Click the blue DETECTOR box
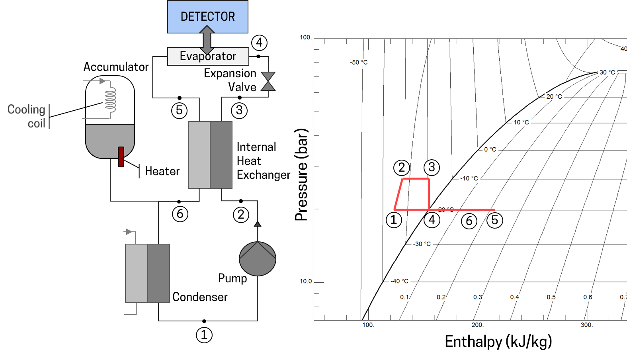click(x=207, y=17)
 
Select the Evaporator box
click(x=208, y=57)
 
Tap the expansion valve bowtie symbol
click(x=268, y=81)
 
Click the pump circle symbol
click(x=258, y=259)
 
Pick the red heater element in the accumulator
click(x=121, y=157)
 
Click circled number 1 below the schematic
click(x=204, y=335)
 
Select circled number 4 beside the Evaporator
click(x=259, y=42)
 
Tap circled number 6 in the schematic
click(x=180, y=214)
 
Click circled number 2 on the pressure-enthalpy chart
click(x=401, y=168)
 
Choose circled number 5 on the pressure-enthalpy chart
click(x=495, y=220)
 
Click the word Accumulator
click(x=116, y=67)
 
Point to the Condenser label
click(x=200, y=297)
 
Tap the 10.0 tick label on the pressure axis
click(x=306, y=281)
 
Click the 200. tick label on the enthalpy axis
click(x=477, y=325)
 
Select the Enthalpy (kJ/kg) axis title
click(x=498, y=342)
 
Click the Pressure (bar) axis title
click(x=301, y=175)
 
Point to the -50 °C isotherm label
click(x=359, y=63)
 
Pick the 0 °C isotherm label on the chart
click(x=490, y=150)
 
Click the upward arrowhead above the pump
click(x=258, y=224)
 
